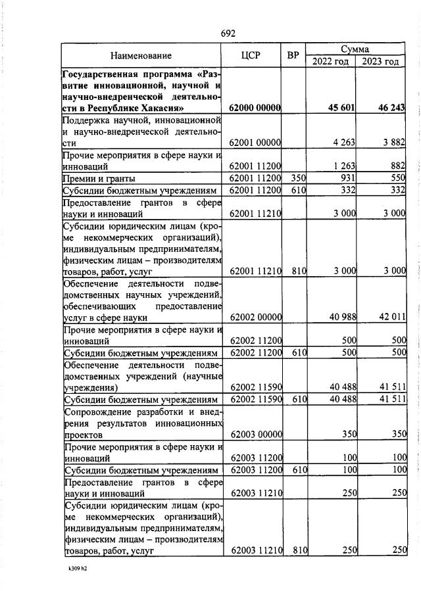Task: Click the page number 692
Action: [x=228, y=34]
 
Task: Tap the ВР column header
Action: [x=293, y=56]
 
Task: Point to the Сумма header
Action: [x=355, y=49]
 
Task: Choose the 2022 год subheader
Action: [x=330, y=62]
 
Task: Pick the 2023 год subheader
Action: [x=380, y=62]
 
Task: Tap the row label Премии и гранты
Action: [x=99, y=178]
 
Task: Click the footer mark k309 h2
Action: [x=77, y=569]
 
